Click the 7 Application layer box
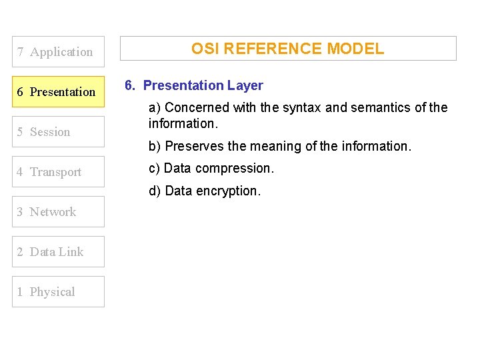59,52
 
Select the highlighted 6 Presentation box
59,92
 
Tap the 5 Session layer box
59,132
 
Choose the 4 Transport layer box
59,172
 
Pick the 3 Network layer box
59,212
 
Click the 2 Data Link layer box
59,252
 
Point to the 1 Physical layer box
59,292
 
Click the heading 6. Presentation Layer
193,85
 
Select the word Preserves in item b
193,146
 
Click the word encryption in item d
228,191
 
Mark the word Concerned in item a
194,107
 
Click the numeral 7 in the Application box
21,52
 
